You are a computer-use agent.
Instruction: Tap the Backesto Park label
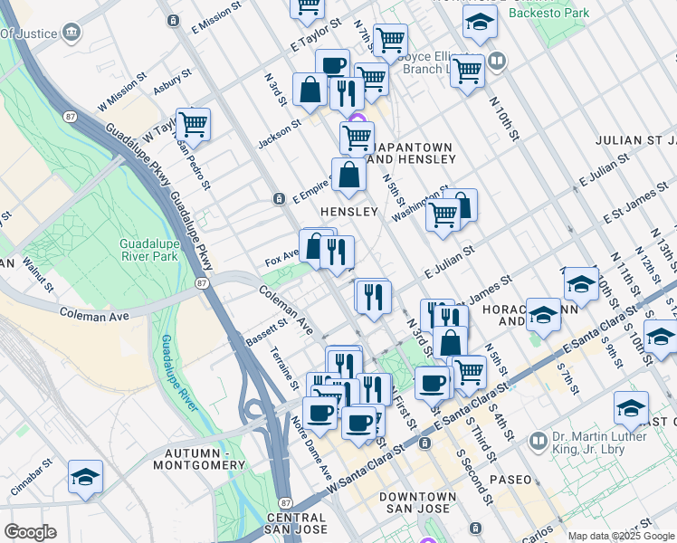tap(548, 13)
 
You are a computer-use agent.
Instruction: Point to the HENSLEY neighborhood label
tap(348, 211)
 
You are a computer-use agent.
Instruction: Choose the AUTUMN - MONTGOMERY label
tap(205, 458)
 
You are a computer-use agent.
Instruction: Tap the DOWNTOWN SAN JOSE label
tap(417, 504)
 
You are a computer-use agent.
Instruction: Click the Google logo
tap(30, 532)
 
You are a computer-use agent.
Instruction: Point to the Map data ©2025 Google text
tap(621, 536)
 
